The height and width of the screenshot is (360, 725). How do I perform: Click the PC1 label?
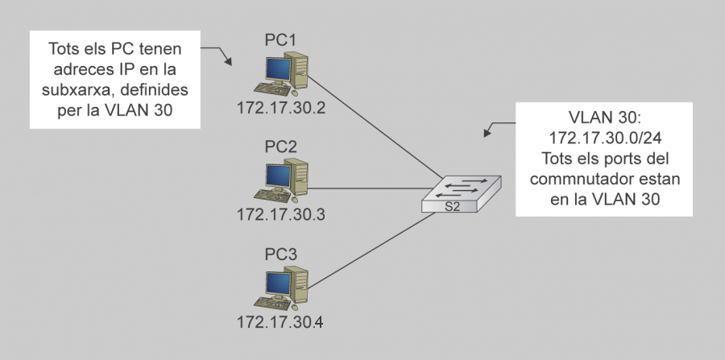coord(281,39)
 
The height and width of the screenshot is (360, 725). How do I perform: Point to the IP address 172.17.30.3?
coord(281,215)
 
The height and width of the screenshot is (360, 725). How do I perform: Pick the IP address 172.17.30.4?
coord(281,323)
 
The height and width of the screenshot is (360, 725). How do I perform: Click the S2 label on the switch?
coord(454,205)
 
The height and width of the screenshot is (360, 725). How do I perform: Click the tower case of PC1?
coord(300,72)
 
